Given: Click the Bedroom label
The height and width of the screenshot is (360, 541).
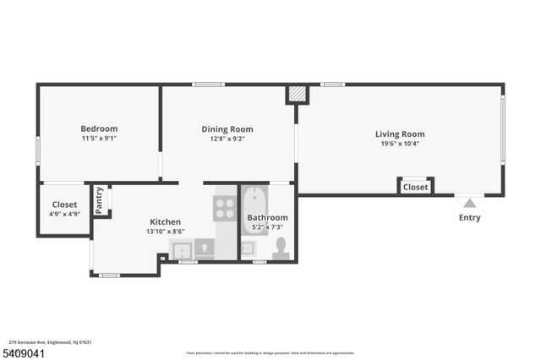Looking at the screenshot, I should (x=99, y=128).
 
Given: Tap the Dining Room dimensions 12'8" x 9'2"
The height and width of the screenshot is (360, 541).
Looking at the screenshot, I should (x=227, y=139).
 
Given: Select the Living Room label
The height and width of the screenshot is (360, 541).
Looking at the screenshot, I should (x=400, y=134).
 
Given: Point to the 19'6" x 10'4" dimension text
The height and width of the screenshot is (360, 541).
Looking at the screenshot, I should (x=400, y=144).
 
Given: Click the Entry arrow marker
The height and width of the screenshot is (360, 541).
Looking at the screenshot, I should (x=470, y=203).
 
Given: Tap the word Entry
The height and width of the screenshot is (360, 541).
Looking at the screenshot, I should (x=469, y=217).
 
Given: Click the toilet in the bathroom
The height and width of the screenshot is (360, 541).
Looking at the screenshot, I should (x=281, y=248).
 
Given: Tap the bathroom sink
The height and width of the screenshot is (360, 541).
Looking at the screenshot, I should (x=249, y=248).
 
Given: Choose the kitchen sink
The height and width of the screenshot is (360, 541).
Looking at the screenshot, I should (x=182, y=249).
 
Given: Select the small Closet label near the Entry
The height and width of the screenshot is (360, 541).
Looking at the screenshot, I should (x=415, y=187).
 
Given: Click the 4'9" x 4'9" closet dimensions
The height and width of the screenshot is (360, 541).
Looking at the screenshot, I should (x=64, y=215).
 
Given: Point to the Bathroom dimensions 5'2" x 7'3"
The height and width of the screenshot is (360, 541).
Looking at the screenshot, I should (x=266, y=227).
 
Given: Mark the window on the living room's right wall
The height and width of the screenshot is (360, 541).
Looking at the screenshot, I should (x=502, y=128).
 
